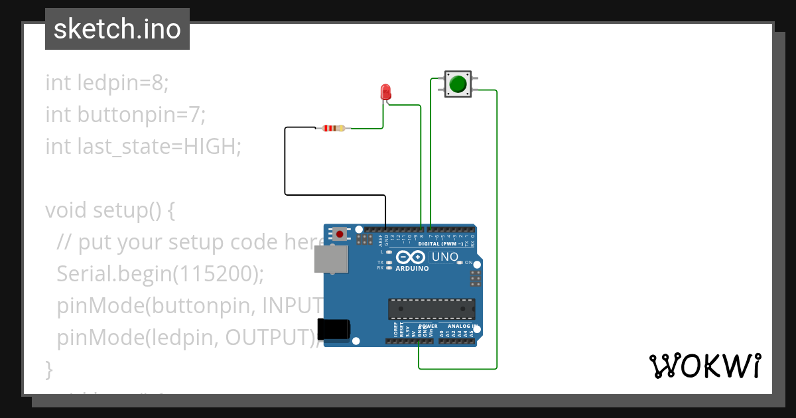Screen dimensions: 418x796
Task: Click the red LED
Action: click(x=385, y=92)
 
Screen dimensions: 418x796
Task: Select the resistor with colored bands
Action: click(x=334, y=128)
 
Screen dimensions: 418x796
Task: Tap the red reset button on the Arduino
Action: click(x=340, y=234)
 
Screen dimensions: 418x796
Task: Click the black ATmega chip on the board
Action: click(x=431, y=309)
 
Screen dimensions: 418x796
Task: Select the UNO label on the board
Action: click(x=444, y=257)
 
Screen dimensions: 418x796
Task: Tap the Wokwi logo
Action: click(x=704, y=366)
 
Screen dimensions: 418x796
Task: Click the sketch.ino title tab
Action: click(x=117, y=29)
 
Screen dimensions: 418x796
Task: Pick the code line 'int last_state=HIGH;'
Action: click(x=143, y=147)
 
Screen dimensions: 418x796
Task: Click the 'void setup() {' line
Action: click(x=110, y=210)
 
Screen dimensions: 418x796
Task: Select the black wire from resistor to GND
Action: click(x=285, y=166)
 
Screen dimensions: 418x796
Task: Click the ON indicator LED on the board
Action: click(x=460, y=263)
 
